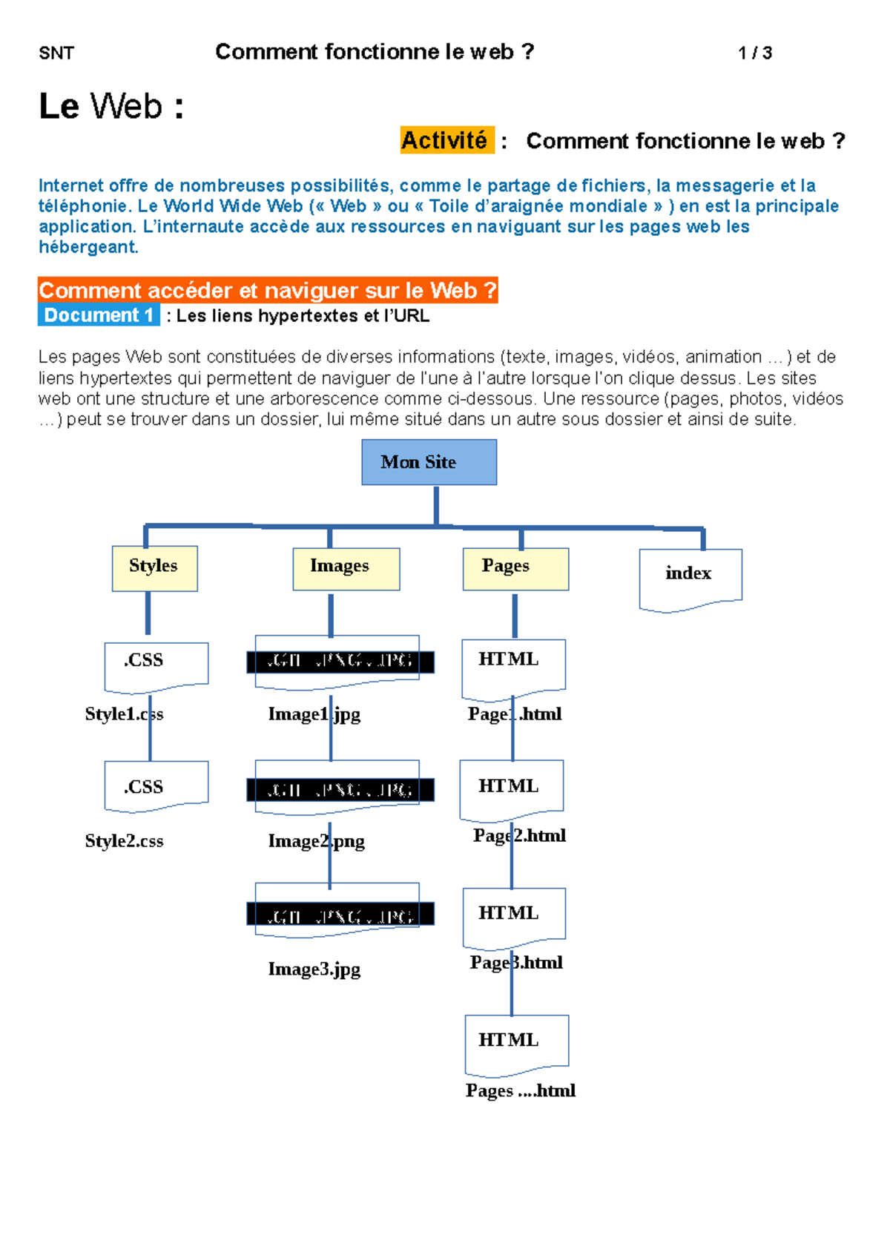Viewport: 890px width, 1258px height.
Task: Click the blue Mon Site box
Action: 429,462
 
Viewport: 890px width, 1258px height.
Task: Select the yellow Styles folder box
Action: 154,568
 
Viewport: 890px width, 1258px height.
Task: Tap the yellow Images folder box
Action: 346,569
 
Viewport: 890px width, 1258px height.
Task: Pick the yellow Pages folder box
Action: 515,569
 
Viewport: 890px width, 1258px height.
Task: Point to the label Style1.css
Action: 124,714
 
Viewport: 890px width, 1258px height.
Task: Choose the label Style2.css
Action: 124,841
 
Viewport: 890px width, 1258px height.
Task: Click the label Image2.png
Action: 316,841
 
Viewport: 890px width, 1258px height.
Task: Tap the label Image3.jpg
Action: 314,969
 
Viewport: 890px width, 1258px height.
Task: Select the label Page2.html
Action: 519,836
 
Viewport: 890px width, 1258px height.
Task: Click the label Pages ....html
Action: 520,1090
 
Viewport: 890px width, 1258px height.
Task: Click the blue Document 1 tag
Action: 99,315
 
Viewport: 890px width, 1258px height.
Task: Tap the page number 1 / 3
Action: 755,53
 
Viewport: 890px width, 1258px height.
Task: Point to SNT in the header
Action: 56,53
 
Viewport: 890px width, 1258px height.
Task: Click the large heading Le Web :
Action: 111,106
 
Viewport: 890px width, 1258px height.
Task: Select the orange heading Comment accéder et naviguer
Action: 267,290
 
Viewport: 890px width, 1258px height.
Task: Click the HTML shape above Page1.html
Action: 513,665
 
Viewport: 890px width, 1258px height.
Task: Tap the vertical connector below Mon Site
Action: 436,505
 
